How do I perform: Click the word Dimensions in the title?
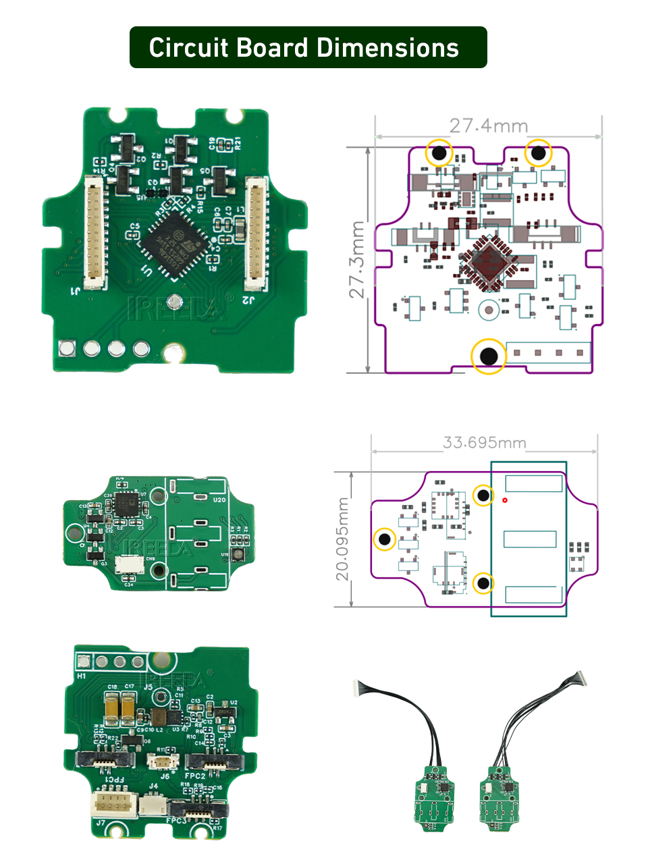pyautogui.click(x=387, y=48)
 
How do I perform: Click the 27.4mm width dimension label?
pyautogui.click(x=488, y=126)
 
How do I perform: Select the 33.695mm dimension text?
pyautogui.click(x=484, y=443)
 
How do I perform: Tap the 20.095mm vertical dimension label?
pyautogui.click(x=343, y=539)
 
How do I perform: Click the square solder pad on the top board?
pyautogui.click(x=67, y=348)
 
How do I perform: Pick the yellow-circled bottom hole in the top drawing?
pyautogui.click(x=488, y=356)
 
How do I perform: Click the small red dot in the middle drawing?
pyautogui.click(x=505, y=500)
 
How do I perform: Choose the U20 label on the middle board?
pyautogui.click(x=219, y=500)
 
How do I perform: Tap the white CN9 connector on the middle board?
pyautogui.click(x=129, y=565)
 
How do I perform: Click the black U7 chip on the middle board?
pyautogui.click(x=127, y=504)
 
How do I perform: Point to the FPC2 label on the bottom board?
pyautogui.click(x=195, y=776)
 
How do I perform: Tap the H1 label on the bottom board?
pyautogui.click(x=82, y=676)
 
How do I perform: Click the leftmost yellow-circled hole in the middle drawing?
pyautogui.click(x=385, y=539)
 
